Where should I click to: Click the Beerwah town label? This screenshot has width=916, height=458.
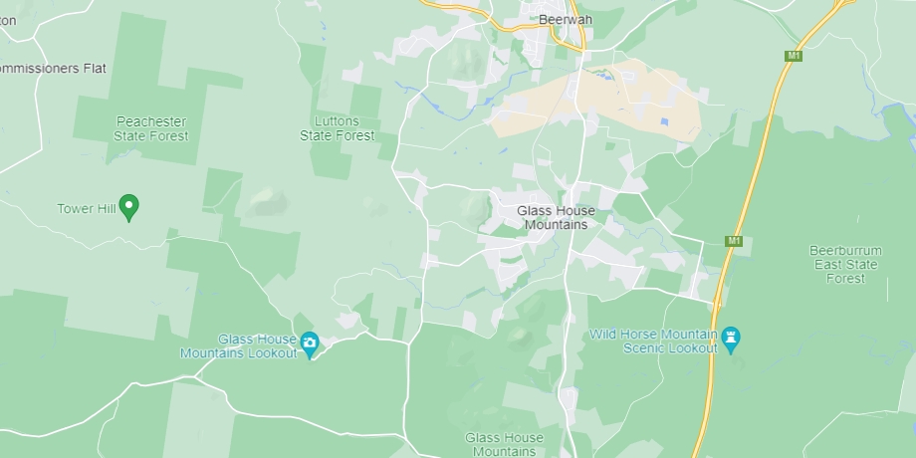tap(566, 19)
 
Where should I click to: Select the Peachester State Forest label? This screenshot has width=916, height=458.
tap(150, 128)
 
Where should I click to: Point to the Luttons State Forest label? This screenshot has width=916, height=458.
tap(338, 128)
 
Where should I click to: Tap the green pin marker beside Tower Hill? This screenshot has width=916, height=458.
tap(127, 206)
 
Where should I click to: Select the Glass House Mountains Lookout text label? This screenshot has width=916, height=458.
tap(238, 345)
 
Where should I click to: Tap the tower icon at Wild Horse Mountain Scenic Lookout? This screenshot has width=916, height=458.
tap(732, 340)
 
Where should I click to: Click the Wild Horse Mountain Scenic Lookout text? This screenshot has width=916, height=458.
tap(653, 341)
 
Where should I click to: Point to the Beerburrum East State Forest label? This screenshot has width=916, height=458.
tap(844, 265)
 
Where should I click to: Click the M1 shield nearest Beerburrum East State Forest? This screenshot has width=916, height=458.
tap(734, 241)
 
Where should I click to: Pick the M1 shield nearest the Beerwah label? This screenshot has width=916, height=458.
tap(794, 56)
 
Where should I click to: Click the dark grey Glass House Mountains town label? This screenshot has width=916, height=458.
tap(556, 217)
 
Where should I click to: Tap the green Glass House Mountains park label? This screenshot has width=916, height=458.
tap(504, 444)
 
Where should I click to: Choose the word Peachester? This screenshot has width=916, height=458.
tap(150, 121)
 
